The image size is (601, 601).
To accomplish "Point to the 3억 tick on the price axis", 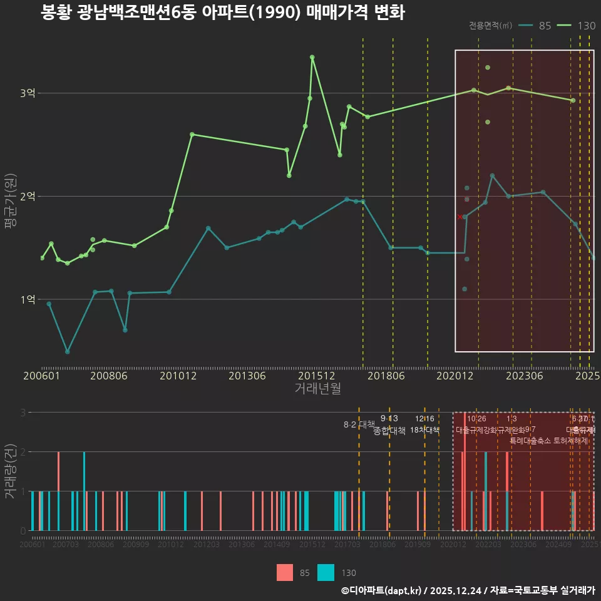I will [28, 93].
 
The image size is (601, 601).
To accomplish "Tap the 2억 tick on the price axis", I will [28, 197].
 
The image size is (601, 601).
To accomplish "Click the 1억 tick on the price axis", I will [28, 299].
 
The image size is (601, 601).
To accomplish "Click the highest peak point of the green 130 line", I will [312, 57].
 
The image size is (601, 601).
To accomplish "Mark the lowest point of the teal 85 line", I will [67, 352].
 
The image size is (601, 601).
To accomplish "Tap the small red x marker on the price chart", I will [460, 217].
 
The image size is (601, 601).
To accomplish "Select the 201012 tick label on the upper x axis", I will [178, 376].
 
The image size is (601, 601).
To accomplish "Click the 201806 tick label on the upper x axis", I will [386, 376].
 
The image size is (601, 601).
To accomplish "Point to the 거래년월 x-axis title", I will [317, 389].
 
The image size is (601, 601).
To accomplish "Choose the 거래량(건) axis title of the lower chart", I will [10, 471].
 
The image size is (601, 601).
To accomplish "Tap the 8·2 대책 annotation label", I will [359, 424].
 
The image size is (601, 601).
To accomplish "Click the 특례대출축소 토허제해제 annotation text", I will [549, 440].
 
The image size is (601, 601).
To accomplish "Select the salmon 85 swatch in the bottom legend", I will [285, 572].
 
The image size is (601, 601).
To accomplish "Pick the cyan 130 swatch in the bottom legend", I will [326, 572].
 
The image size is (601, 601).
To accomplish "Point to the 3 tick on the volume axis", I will [23, 413].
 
